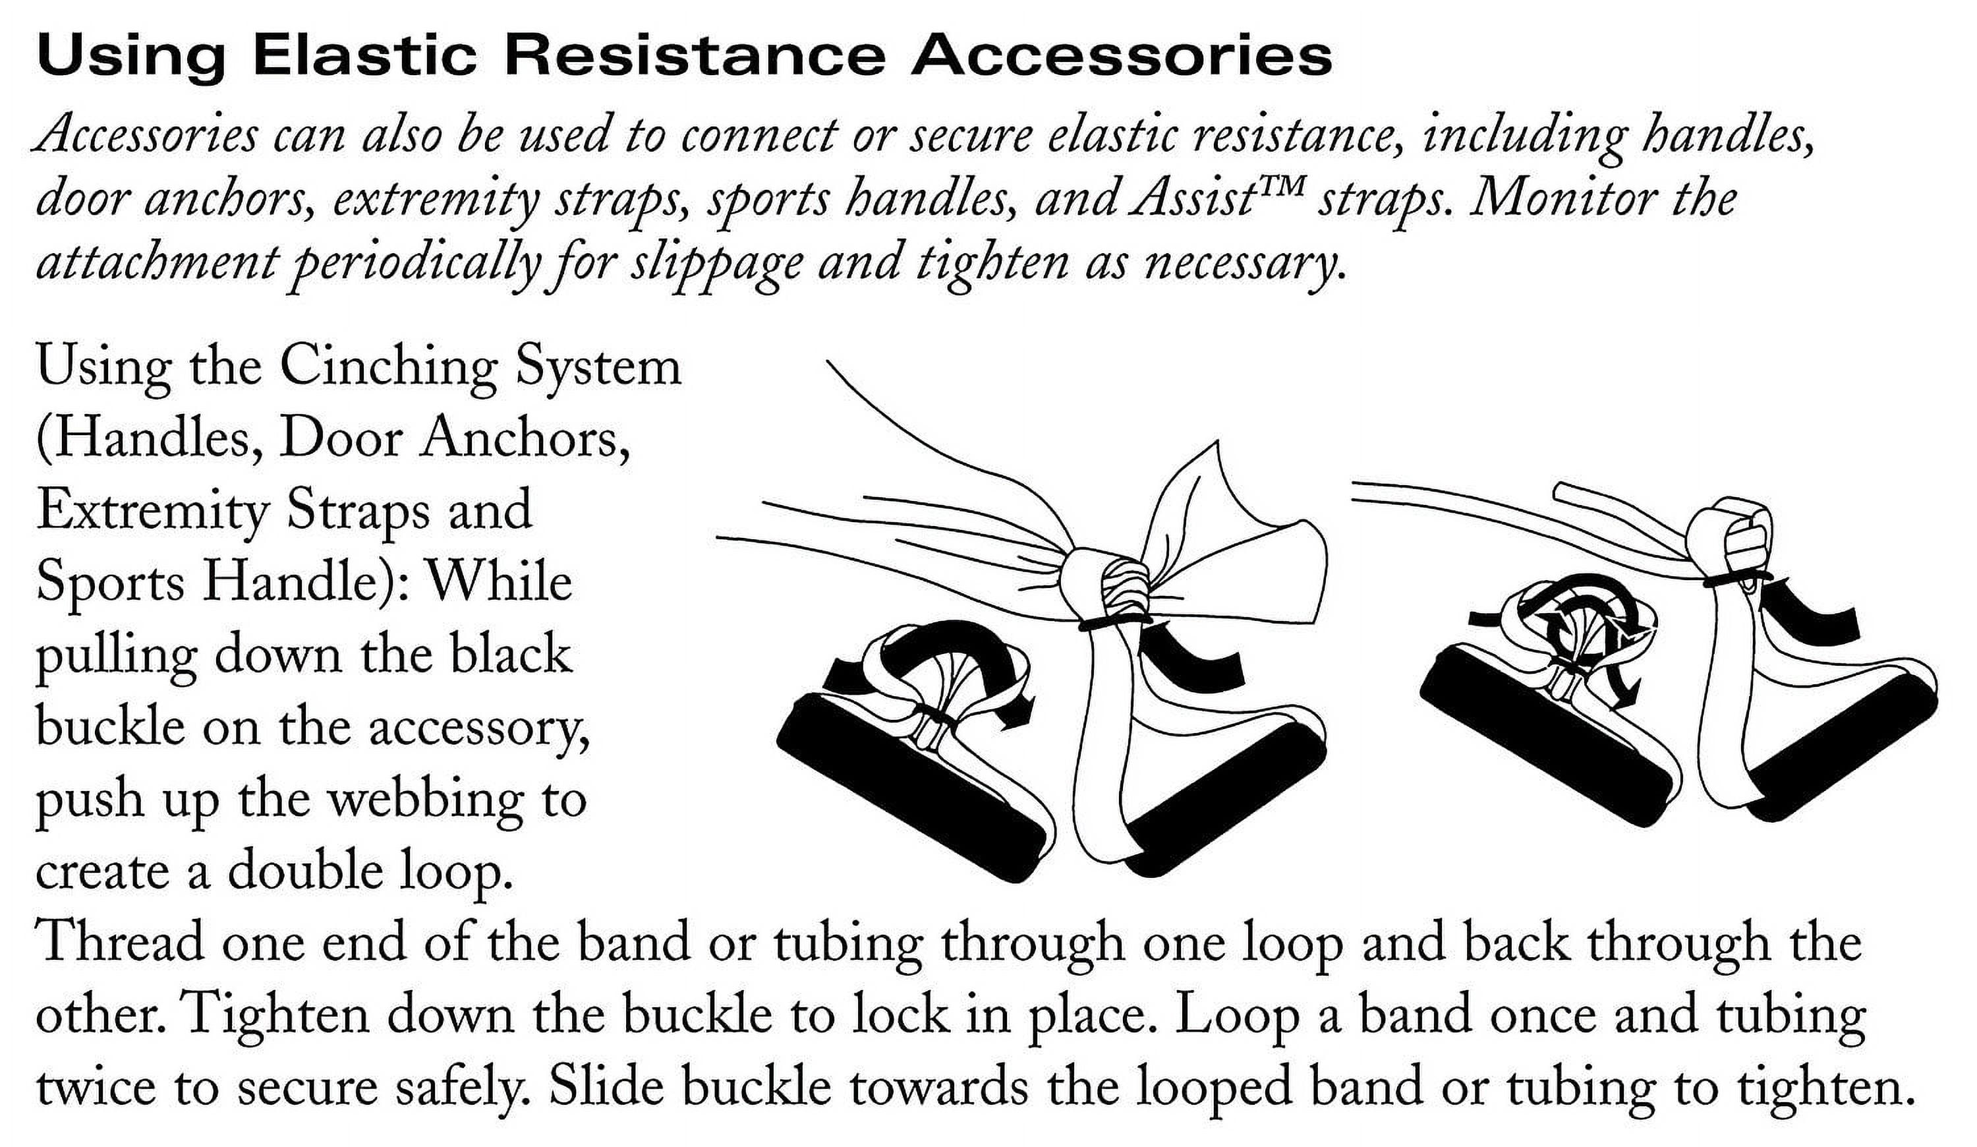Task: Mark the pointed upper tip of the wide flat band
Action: coord(1218,441)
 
